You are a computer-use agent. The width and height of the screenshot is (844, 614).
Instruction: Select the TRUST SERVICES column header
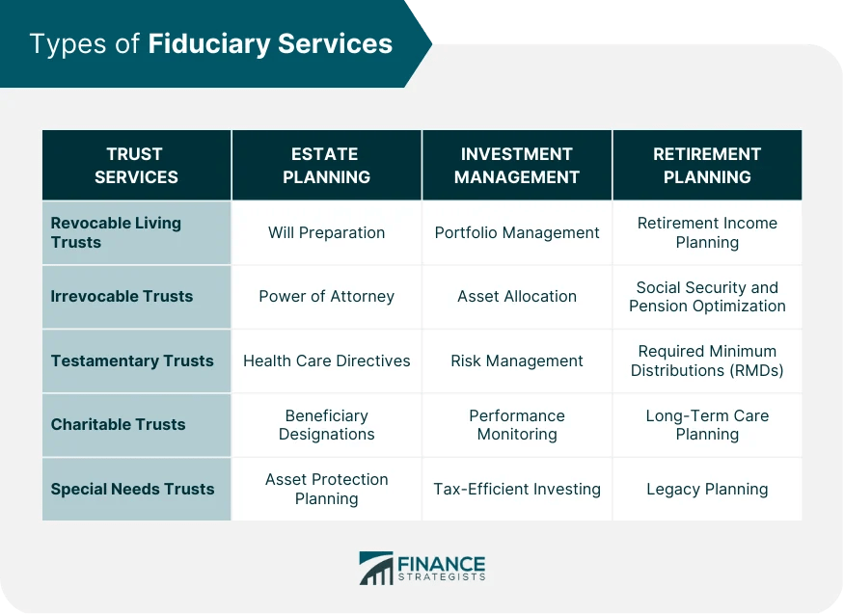pyautogui.click(x=135, y=165)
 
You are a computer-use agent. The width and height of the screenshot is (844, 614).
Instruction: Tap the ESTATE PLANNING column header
pyautogui.click(x=326, y=165)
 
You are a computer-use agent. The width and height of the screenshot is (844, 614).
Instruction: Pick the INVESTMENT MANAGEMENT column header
pyautogui.click(x=517, y=165)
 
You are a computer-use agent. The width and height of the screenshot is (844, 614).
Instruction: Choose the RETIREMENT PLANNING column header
pyautogui.click(x=707, y=165)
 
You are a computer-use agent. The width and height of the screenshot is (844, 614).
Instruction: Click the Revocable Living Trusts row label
pyautogui.click(x=116, y=232)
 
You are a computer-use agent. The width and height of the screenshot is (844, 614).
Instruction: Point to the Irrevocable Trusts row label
pyautogui.click(x=122, y=296)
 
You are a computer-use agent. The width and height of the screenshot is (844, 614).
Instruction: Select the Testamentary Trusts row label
pyautogui.click(x=132, y=360)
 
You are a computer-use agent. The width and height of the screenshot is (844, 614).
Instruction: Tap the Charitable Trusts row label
pyautogui.click(x=118, y=424)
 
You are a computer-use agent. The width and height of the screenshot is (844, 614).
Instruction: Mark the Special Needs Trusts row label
pyautogui.click(x=132, y=489)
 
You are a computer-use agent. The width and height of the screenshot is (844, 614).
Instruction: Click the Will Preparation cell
pyautogui.click(x=326, y=232)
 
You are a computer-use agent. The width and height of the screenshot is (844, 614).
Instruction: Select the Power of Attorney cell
pyautogui.click(x=326, y=296)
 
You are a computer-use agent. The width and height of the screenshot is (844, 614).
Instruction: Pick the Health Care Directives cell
pyautogui.click(x=326, y=360)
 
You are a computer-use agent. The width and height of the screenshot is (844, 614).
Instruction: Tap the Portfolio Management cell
pyautogui.click(x=517, y=232)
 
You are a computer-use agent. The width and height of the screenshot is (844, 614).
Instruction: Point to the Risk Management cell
pyautogui.click(x=517, y=360)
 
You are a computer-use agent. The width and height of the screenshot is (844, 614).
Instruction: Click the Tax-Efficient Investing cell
pyautogui.click(x=517, y=489)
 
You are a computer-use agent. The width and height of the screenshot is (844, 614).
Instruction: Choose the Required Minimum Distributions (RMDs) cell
pyautogui.click(x=707, y=360)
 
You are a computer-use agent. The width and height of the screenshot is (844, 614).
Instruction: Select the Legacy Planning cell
pyautogui.click(x=707, y=489)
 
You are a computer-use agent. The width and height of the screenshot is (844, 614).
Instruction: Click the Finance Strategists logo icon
pyautogui.click(x=375, y=568)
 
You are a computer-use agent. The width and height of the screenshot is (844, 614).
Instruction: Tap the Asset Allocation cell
pyautogui.click(x=517, y=296)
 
